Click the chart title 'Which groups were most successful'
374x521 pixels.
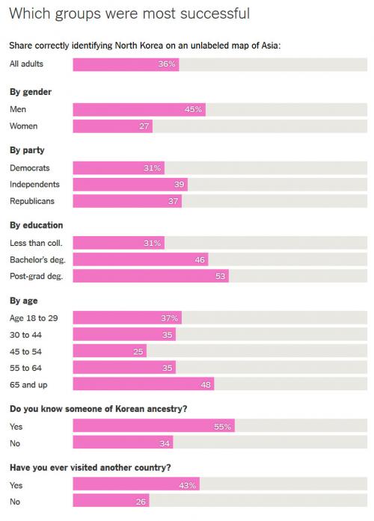(x=129, y=14)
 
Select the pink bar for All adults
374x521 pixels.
(x=126, y=64)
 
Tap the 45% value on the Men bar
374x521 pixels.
(x=194, y=109)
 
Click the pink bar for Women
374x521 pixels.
(x=113, y=126)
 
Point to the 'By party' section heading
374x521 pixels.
(x=27, y=150)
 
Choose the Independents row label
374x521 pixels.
(x=34, y=185)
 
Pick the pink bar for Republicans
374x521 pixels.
(x=127, y=201)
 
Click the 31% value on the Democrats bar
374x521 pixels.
(x=153, y=168)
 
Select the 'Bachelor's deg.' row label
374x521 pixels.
(x=37, y=259)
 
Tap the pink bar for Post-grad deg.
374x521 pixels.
(x=151, y=276)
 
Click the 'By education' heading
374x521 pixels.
(x=36, y=225)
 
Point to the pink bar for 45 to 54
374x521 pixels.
(x=110, y=351)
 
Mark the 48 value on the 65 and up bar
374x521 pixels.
(x=206, y=385)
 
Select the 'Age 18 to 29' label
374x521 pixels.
(x=34, y=318)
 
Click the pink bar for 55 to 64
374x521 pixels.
(x=124, y=368)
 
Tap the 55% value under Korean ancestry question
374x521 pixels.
(x=222, y=426)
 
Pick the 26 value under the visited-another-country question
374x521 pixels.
(x=141, y=502)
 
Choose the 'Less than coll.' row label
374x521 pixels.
(x=36, y=243)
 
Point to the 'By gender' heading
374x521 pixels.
(x=31, y=92)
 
